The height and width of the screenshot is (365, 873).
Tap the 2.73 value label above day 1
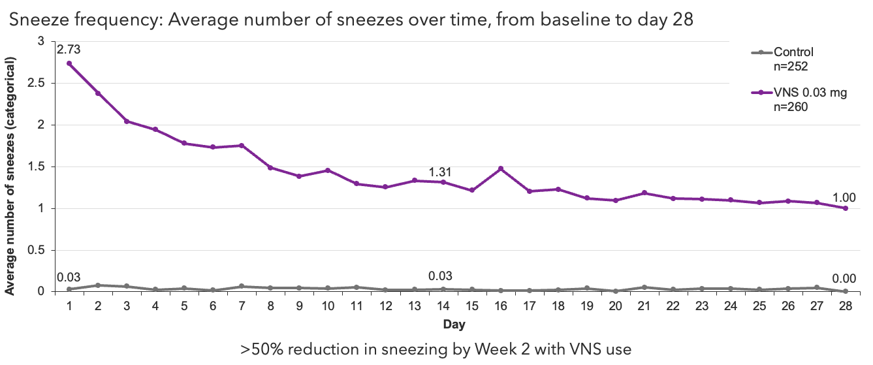tap(69, 50)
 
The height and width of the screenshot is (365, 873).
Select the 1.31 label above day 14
tap(441, 172)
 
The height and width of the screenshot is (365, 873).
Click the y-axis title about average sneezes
tap(11, 176)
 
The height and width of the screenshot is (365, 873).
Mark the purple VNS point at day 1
tap(69, 63)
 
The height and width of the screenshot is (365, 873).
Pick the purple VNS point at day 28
tap(846, 208)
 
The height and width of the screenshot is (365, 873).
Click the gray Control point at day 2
tap(97, 285)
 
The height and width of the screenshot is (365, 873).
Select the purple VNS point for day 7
tap(241, 146)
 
